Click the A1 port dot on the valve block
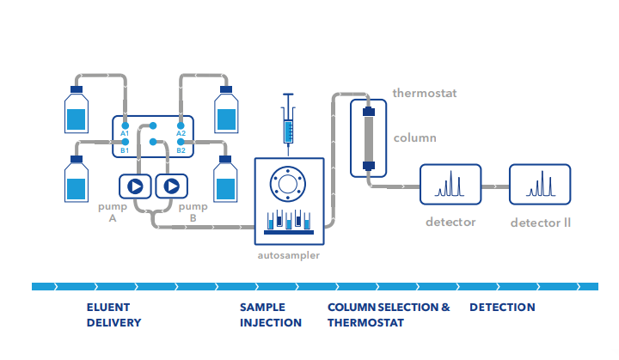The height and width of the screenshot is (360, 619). coord(126,126)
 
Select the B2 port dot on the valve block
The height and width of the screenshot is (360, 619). coord(181,142)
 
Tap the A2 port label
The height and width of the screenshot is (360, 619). coord(181,133)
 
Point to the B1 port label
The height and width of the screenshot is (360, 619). coord(125,150)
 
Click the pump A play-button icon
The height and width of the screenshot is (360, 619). coord(135,186)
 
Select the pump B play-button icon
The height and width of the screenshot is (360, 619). coord(172,186)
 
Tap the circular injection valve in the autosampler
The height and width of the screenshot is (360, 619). coord(288,184)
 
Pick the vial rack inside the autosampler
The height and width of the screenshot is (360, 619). coord(289,222)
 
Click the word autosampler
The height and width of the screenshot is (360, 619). coord(289,255)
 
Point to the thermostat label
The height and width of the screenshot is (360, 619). coord(425,93)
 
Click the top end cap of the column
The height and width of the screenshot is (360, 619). coord(369,112)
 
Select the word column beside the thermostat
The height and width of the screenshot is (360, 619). coord(415,137)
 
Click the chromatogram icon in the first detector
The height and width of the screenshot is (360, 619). coord(450,184)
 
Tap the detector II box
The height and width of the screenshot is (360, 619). coord(540,185)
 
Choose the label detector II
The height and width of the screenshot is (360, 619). coord(541,223)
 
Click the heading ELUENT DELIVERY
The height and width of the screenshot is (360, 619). coord(113,315)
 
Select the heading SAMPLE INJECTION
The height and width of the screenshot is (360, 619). coord(271,315)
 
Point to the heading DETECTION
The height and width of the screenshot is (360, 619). coord(502,307)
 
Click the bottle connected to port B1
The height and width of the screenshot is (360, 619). coord(77,179)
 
